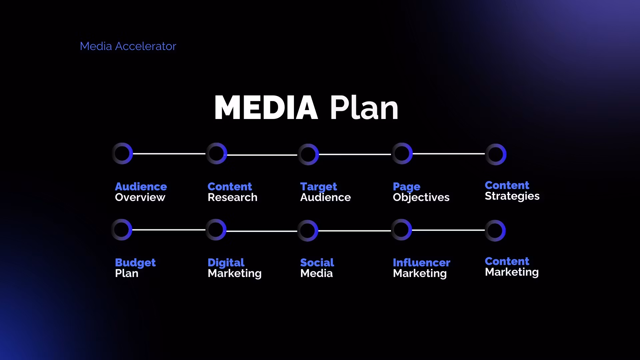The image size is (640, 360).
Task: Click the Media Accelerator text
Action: [128, 46]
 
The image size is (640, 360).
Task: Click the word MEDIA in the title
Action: [266, 108]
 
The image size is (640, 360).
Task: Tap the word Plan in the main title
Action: [364, 107]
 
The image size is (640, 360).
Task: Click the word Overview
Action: [140, 197]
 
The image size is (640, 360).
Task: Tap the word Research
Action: [232, 197]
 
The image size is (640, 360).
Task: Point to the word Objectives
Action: [421, 198]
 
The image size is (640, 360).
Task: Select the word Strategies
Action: [512, 196]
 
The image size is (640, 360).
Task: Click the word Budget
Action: [135, 263]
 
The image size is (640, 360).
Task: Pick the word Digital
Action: [226, 263]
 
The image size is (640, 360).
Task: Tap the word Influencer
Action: [421, 263]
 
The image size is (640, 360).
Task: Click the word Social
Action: [317, 263]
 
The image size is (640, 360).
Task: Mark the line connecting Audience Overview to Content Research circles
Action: [169, 154]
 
